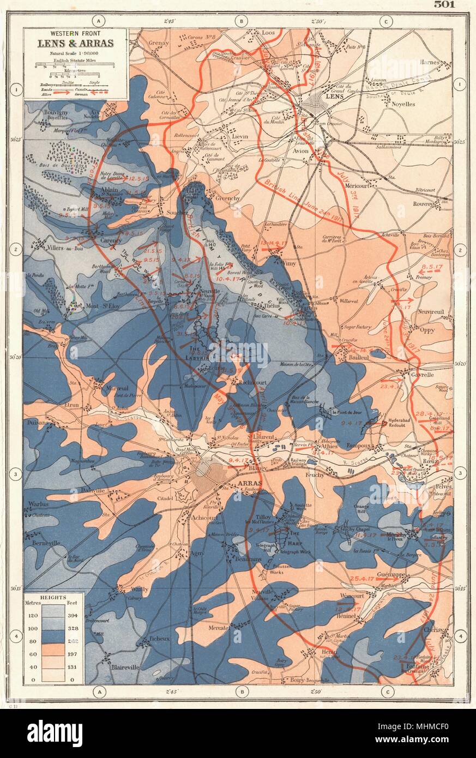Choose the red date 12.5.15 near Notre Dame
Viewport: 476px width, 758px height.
(x=137, y=178)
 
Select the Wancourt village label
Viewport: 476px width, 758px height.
(x=348, y=597)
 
